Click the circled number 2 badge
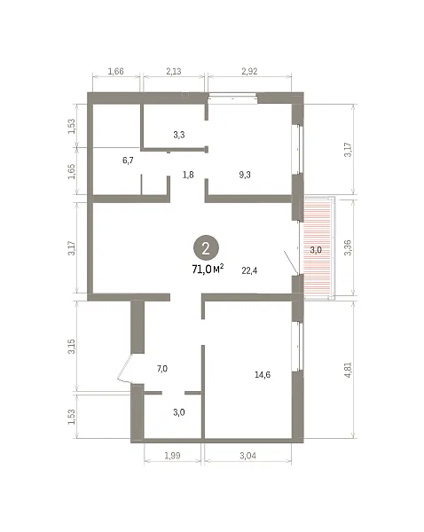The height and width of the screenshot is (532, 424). pyautogui.click(x=206, y=248)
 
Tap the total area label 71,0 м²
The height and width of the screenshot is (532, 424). pyautogui.click(x=208, y=269)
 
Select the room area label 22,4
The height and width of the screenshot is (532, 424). pyautogui.click(x=249, y=270)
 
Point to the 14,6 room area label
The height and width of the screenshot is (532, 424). pyautogui.click(x=263, y=374)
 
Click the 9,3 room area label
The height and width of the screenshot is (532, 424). pyautogui.click(x=245, y=175)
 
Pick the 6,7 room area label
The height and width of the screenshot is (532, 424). pyautogui.click(x=128, y=160)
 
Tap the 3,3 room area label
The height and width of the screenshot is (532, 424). pyautogui.click(x=179, y=135)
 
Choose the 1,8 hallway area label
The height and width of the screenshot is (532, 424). pyautogui.click(x=188, y=175)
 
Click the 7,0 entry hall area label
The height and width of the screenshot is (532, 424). pyautogui.click(x=162, y=369)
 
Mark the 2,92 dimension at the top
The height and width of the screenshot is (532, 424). pyautogui.click(x=249, y=71)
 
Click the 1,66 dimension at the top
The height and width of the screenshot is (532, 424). pyautogui.click(x=116, y=71)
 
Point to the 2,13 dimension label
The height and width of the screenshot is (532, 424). pyautogui.click(x=174, y=71)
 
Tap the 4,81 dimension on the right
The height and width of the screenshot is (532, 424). pyautogui.click(x=348, y=370)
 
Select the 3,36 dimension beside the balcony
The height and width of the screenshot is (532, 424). pyautogui.click(x=348, y=247)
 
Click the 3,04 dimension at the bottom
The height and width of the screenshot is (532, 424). pyautogui.click(x=247, y=456)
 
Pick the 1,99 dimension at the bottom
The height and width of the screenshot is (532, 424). pyautogui.click(x=172, y=456)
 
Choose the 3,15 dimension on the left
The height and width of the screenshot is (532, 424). pyautogui.click(x=72, y=347)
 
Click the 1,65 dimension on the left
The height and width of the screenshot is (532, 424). pyautogui.click(x=72, y=172)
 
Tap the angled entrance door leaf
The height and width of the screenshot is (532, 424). pyautogui.click(x=124, y=367)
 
